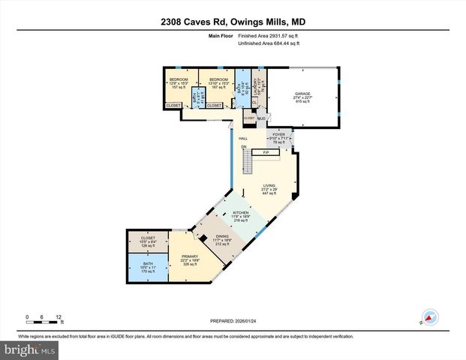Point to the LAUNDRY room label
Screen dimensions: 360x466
[257, 84]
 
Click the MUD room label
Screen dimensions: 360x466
[262, 118]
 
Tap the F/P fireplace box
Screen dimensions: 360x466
[265, 152]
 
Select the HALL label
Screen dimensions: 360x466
[243, 139]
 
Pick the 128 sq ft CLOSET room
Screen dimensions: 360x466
[148, 241]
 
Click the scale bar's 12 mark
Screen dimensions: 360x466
[59, 316]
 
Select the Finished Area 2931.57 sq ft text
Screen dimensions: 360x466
[269, 35]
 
